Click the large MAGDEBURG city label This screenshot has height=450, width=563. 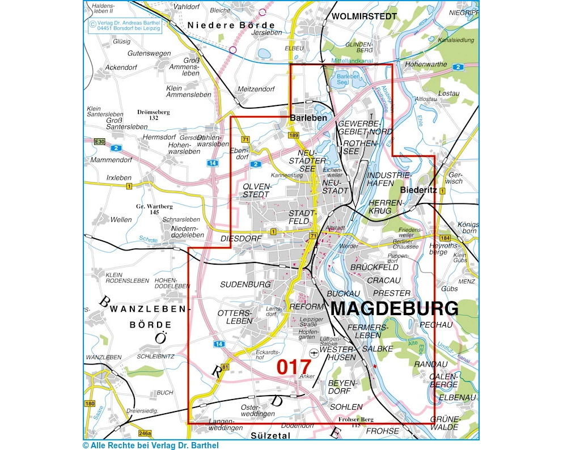(394, 309)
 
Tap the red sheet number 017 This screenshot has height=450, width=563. (294, 367)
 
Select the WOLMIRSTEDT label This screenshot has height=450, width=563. (364, 16)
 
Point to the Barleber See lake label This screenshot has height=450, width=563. (348, 79)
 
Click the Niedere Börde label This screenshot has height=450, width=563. (231, 25)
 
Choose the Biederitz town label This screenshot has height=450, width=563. (418, 190)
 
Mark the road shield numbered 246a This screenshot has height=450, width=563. (145, 434)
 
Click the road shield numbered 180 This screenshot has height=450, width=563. (90, 404)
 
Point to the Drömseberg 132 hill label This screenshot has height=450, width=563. (153, 115)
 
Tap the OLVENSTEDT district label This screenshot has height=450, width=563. (257, 190)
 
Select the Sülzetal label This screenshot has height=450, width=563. (269, 435)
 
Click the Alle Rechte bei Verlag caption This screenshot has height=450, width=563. (150, 445)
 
